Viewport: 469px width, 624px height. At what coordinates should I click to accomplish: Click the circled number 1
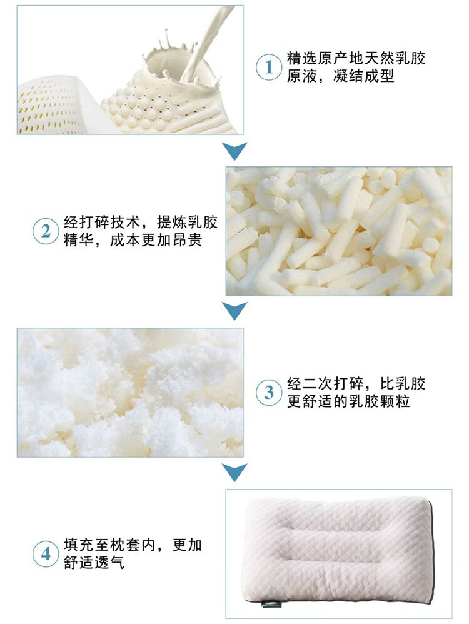coord(269,67)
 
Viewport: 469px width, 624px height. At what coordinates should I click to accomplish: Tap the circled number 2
coord(46,231)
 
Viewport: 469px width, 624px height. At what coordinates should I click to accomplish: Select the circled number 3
coord(269,393)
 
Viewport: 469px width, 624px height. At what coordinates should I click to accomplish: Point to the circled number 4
coord(46,553)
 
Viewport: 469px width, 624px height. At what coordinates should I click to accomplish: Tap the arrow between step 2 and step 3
coord(234,311)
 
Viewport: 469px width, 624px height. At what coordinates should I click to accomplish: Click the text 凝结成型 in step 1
coord(364,76)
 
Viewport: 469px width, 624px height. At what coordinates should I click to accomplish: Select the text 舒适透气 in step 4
coord(94,562)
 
